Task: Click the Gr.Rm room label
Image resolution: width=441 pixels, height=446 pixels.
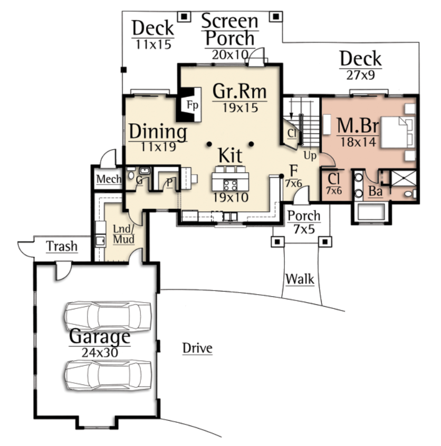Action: click(x=239, y=91)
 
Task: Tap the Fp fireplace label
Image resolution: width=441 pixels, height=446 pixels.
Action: click(x=193, y=105)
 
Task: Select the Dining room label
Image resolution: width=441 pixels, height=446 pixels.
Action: click(x=158, y=132)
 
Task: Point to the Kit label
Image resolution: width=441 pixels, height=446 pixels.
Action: click(x=231, y=156)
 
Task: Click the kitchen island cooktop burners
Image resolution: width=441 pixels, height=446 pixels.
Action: click(x=231, y=185)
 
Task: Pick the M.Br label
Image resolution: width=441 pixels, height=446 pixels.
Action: click(x=358, y=125)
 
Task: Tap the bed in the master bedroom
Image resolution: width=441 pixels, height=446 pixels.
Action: click(x=397, y=132)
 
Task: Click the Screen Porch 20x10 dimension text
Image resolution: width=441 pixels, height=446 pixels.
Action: click(x=230, y=55)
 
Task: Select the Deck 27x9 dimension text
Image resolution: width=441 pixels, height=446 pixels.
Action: click(x=360, y=75)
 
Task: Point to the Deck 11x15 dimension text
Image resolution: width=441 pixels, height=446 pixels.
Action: click(x=153, y=44)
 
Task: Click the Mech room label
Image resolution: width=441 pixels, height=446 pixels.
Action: click(x=109, y=179)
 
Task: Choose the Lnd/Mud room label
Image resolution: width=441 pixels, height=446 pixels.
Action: click(x=123, y=234)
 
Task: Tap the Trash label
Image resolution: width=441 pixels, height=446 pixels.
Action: click(x=62, y=246)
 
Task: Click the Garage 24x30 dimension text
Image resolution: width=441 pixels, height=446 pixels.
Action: click(x=100, y=353)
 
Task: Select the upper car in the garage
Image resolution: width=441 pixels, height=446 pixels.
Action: click(x=108, y=316)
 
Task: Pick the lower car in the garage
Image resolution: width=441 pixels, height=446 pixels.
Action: click(x=108, y=375)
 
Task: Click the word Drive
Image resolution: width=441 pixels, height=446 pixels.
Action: click(x=197, y=348)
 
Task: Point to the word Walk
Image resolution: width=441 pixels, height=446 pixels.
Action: click(x=300, y=279)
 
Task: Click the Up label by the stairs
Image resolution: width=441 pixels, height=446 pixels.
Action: click(x=310, y=156)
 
